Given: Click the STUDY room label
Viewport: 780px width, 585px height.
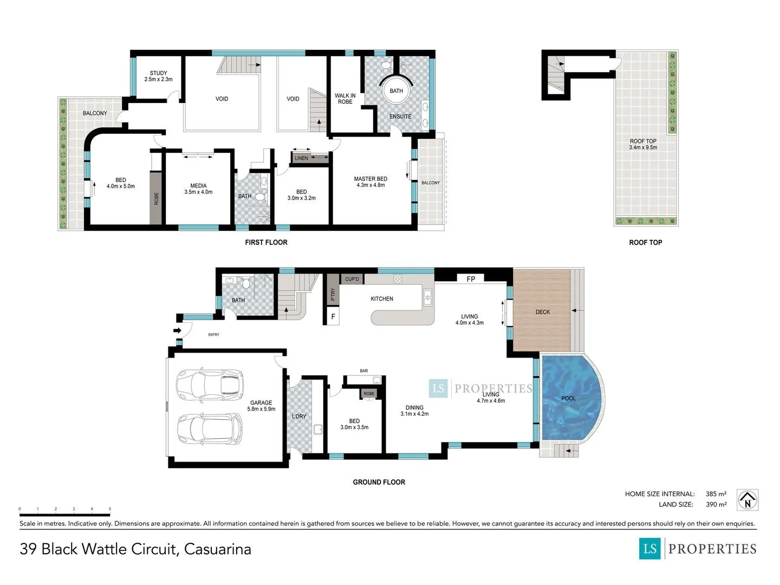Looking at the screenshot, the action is [x=158, y=73].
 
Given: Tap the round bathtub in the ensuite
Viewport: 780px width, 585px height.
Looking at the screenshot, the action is [x=396, y=90].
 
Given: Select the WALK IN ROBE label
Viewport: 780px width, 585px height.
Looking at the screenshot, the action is [x=344, y=99].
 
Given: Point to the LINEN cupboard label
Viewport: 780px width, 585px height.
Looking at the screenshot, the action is [x=301, y=158].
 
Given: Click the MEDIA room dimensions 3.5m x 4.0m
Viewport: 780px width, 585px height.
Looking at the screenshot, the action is [x=198, y=192].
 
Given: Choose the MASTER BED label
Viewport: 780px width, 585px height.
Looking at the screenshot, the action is [x=370, y=179].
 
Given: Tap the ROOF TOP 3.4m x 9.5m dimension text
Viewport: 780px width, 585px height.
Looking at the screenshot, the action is [x=643, y=147].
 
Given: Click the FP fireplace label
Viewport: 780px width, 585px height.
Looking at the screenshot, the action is [x=471, y=279].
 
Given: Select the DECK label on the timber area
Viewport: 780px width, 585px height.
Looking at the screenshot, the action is [x=542, y=312].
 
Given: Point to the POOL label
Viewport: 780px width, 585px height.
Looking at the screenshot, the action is [x=568, y=398].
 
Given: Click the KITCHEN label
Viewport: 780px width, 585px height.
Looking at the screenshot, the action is [x=382, y=298].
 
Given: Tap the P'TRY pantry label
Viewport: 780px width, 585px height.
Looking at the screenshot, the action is [x=333, y=294].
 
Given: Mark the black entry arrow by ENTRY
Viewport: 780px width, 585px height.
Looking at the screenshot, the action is [x=177, y=330].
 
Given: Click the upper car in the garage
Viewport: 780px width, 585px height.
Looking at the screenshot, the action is [x=210, y=385].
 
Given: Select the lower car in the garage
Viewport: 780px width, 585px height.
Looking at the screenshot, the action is [x=210, y=430].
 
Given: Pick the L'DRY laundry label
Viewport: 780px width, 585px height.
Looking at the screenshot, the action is [x=298, y=417].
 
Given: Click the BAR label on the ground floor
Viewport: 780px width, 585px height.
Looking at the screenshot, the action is [x=363, y=371].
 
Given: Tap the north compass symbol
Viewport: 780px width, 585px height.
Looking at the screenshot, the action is [x=747, y=500].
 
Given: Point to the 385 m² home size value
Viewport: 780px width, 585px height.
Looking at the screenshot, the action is [x=716, y=493].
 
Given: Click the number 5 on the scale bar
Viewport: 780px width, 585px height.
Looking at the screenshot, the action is [x=110, y=509].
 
